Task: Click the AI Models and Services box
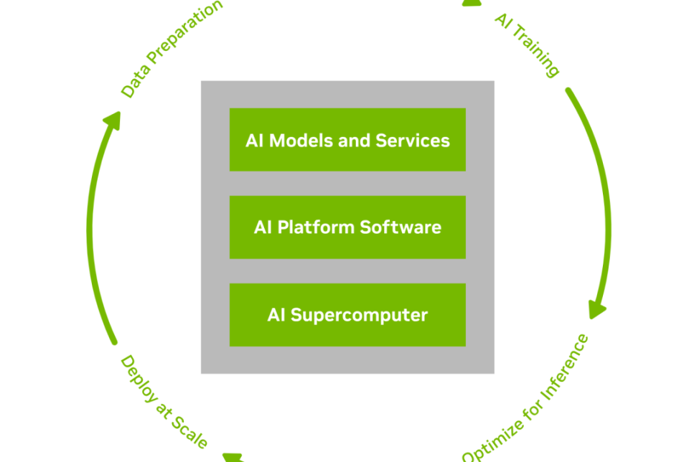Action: [x=347, y=140]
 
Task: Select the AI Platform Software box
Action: [x=347, y=227]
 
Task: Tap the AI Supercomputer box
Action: [x=347, y=315]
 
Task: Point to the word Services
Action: [x=413, y=141]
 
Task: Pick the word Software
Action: [x=400, y=227]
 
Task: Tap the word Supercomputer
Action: [x=359, y=316]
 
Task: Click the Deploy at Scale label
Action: [x=164, y=402]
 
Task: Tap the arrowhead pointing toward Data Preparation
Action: [x=113, y=121]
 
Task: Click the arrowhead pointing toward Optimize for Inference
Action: [x=598, y=309]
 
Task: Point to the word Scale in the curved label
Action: [x=189, y=432]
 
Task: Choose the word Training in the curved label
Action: [x=536, y=52]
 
